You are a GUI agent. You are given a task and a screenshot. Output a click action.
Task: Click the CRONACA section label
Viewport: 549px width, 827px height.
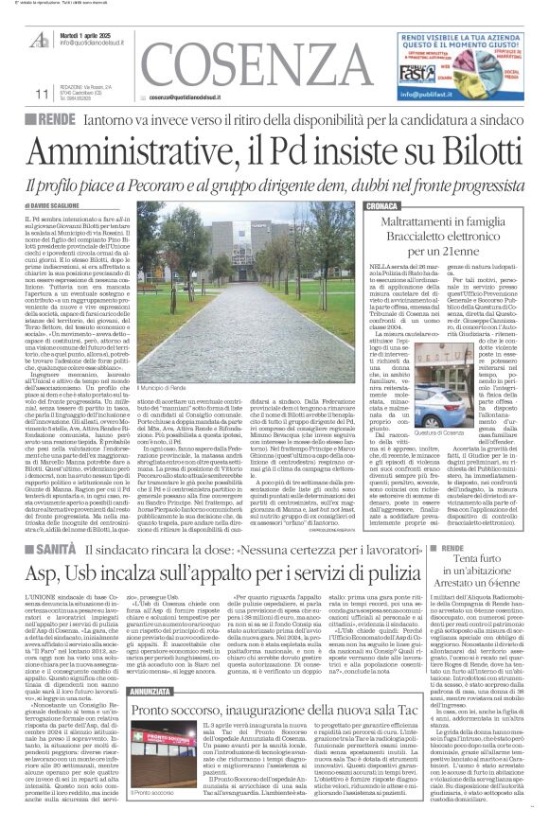pyautogui.click(x=383, y=204)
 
